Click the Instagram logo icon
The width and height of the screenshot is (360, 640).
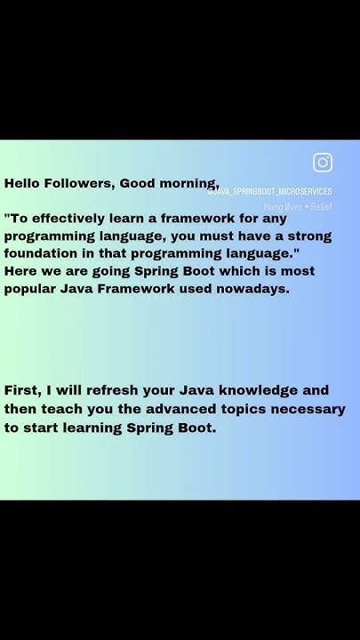pos(323,163)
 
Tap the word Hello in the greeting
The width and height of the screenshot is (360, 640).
pos(24,183)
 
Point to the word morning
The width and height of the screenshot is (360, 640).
pos(188,184)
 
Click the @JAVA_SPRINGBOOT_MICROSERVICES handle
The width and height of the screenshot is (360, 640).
pos(269,191)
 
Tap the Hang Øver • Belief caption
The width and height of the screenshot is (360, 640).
pos(297,206)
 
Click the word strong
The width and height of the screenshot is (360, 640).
pos(308,236)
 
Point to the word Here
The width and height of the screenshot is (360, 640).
pos(21,271)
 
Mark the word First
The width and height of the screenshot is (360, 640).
pos(22,390)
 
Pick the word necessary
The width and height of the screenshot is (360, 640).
pos(302,409)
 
